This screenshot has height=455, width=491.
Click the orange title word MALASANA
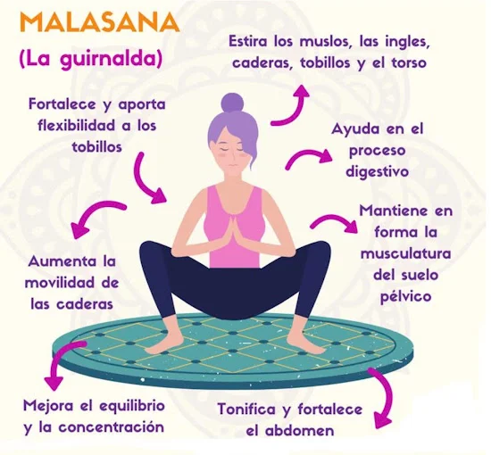100,22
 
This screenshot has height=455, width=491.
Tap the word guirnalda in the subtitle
107,60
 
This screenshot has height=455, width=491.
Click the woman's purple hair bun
232,103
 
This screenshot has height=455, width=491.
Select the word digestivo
377,172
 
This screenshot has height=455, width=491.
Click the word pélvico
405,295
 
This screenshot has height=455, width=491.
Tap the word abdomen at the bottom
299,431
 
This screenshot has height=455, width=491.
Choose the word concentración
112,427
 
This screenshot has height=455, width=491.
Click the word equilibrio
132,407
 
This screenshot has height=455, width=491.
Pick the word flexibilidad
76,126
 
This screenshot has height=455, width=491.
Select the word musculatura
405,252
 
